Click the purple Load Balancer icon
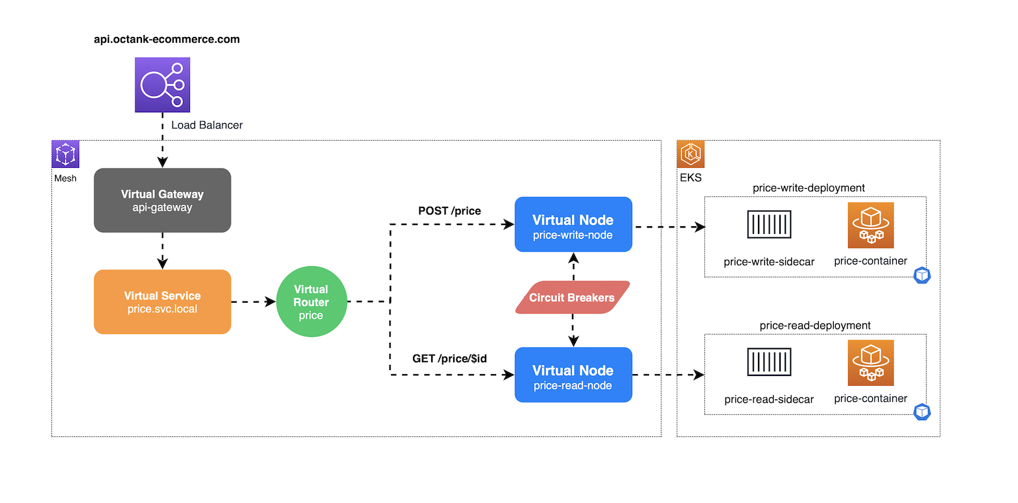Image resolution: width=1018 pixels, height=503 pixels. [162, 85]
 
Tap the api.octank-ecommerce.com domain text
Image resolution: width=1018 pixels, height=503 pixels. [167, 39]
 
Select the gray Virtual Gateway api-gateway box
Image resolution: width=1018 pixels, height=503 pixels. [162, 200]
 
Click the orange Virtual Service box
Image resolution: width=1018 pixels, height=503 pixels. [162, 302]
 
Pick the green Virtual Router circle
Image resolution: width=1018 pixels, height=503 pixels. [311, 302]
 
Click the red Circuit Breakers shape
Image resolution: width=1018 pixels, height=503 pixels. [572, 298]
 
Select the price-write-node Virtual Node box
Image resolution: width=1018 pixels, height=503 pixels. [573, 224]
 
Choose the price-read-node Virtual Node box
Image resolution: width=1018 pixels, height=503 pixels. [573, 375]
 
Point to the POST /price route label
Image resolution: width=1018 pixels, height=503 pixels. [449, 211]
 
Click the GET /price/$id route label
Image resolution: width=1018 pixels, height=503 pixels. [449, 358]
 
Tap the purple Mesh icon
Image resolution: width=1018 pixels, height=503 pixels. [65, 154]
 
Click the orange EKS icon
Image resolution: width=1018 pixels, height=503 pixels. [691, 154]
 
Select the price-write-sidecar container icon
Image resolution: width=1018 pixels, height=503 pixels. [769, 225]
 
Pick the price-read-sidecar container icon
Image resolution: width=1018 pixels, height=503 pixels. [769, 362]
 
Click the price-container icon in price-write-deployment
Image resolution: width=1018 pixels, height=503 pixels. [871, 225]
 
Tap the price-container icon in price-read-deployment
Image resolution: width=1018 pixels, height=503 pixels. [871, 362]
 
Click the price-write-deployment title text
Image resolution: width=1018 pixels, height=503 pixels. [809, 188]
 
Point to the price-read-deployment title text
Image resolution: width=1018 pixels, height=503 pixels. [815, 325]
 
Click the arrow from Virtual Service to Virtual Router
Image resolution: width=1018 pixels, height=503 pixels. [254, 302]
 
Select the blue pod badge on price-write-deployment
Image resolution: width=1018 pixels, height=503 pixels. [922, 275]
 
